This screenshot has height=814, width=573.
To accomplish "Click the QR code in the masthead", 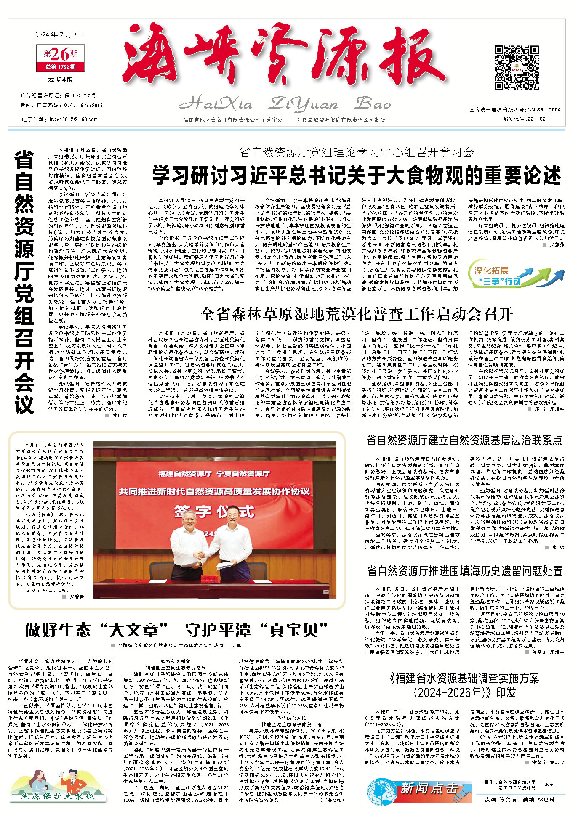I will point(517,68).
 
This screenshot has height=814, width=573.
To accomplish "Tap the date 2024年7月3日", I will point(60,34).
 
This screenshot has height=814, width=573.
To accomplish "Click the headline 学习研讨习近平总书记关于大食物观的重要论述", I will point(356,175).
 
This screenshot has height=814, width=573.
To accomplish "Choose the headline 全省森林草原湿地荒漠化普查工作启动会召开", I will point(357,313).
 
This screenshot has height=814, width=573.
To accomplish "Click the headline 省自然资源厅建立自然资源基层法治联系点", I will point(464,440).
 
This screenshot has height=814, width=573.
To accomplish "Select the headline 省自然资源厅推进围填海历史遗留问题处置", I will point(464,571).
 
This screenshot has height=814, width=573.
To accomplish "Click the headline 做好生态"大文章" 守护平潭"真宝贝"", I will point(176,630).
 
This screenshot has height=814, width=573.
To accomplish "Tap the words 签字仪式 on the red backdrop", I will point(214,512).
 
